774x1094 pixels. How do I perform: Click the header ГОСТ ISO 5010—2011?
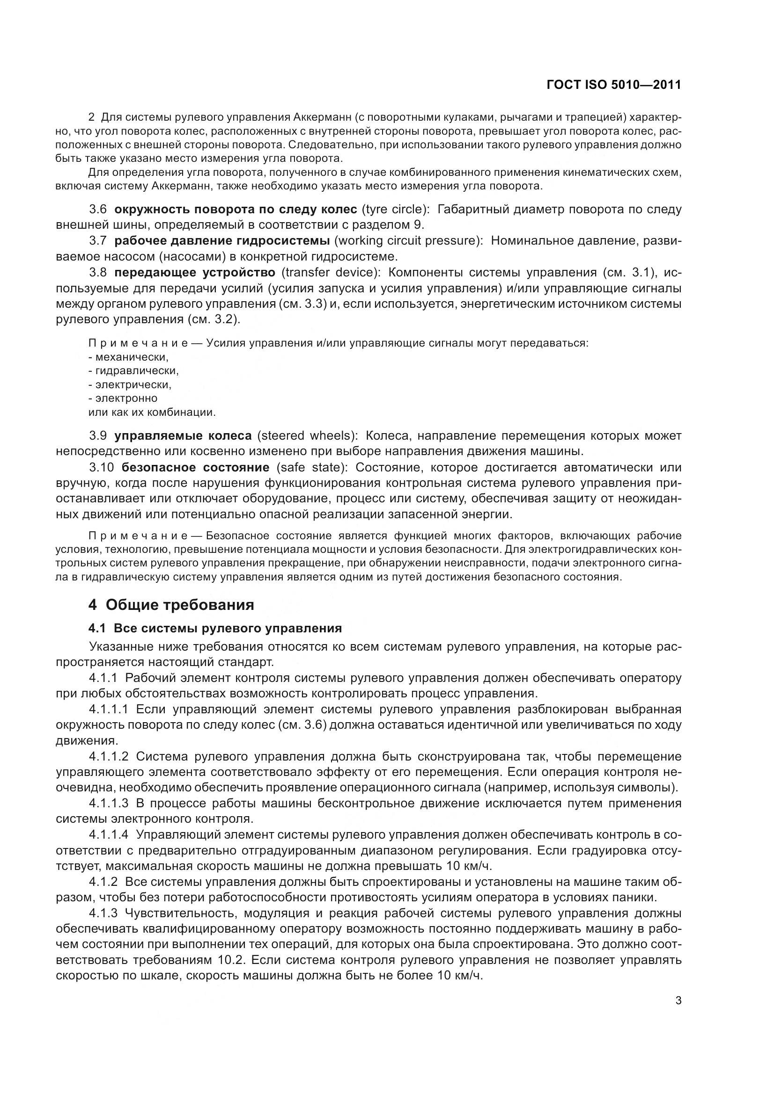tap(613, 85)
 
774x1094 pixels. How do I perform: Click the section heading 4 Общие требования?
tap(171, 605)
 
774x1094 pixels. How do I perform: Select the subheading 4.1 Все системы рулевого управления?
tap(215, 629)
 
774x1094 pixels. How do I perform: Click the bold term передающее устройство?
tap(195, 272)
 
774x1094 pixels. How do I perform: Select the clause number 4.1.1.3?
tap(108, 804)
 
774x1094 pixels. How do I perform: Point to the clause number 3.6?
tap(98, 209)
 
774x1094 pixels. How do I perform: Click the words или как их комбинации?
tap(152, 412)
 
